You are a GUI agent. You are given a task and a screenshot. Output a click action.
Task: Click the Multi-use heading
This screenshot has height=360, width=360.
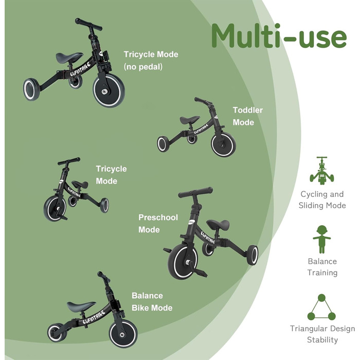click(x=278, y=36)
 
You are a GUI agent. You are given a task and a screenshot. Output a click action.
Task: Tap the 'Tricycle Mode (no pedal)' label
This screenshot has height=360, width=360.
click(x=150, y=60)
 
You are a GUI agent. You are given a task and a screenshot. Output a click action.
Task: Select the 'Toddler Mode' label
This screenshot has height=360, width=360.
click(x=247, y=116)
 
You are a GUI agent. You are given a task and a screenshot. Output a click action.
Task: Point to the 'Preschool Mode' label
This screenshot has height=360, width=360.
click(x=158, y=223)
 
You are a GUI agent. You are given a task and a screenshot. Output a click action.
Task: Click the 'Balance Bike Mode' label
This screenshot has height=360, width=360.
click(x=152, y=302)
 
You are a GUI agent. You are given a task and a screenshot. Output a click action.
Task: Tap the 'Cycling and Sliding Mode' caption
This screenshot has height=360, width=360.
click(x=322, y=200)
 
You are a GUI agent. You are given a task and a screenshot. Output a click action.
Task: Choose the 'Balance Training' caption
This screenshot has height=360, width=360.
click(x=322, y=267)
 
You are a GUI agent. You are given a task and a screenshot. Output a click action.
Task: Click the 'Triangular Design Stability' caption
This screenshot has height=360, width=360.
click(x=322, y=334)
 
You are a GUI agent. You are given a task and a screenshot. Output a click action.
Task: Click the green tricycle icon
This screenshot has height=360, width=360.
click(x=322, y=171)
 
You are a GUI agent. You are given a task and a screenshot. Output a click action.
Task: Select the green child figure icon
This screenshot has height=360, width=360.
click(x=322, y=238)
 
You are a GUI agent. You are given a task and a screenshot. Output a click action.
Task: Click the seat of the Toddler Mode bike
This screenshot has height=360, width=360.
click(x=189, y=120)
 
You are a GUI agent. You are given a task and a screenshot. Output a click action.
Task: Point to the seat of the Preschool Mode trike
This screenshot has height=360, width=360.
click(x=218, y=225)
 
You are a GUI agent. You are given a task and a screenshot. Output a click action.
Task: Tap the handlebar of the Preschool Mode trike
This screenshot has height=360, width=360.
click(x=195, y=192)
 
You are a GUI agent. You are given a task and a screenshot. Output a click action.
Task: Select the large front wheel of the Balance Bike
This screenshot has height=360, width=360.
click(x=123, y=333)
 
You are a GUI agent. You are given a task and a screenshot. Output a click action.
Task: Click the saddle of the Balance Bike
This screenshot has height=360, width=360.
click(x=81, y=306)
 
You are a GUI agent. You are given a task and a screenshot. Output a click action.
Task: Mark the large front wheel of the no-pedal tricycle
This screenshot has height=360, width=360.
click(x=109, y=91)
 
